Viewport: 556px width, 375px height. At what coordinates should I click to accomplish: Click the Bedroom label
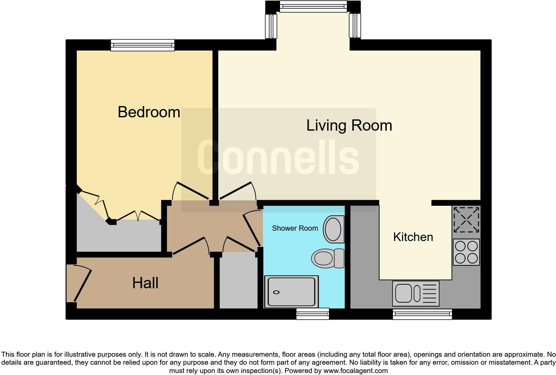tap(149, 112)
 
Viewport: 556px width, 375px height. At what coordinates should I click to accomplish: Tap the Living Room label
tap(349, 125)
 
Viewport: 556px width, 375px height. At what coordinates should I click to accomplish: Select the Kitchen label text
tap(413, 237)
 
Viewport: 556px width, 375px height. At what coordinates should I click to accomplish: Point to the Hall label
tap(145, 283)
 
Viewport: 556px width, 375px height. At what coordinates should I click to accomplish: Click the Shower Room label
tap(295, 228)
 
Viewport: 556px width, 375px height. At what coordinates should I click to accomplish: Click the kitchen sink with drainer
tap(416, 294)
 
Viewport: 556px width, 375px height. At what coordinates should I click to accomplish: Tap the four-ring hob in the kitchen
tap(466, 252)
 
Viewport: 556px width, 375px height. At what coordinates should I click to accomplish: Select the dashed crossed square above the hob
tap(466, 220)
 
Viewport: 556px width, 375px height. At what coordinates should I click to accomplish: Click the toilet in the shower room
tap(328, 258)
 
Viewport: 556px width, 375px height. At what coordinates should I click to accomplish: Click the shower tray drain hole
tap(276, 293)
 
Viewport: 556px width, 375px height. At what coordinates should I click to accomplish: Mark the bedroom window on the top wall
tap(142, 45)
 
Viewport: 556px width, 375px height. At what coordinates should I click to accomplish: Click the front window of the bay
tap(313, 6)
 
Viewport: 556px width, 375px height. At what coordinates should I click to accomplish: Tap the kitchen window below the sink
tap(422, 314)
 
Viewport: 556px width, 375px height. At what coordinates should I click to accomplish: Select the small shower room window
tap(312, 313)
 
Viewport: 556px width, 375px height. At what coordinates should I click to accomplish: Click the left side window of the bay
tap(271, 26)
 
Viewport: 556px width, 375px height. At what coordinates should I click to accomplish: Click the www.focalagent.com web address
tap(355, 370)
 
